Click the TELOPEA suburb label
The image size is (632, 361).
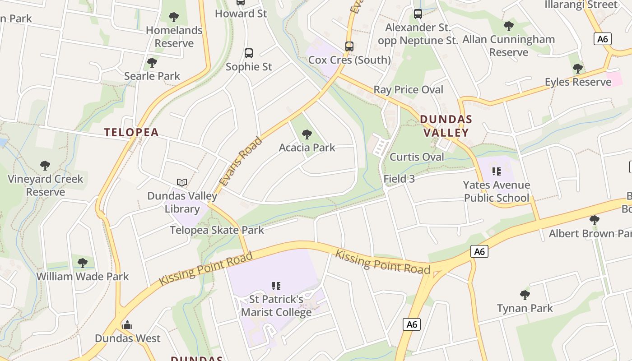pyautogui.click(x=131, y=132)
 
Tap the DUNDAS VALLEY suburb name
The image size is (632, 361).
pyautogui.click(x=446, y=126)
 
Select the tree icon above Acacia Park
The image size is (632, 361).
pyautogui.click(x=307, y=134)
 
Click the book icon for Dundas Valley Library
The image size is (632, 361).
pyautogui.click(x=182, y=183)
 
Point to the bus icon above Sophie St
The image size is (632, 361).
pyautogui.click(x=249, y=53)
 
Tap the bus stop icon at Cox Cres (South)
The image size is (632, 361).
pyautogui.click(x=349, y=46)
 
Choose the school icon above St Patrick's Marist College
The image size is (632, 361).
pyautogui.click(x=276, y=286)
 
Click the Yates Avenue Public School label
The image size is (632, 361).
pyautogui.click(x=497, y=191)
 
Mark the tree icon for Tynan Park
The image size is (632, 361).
pyautogui.click(x=525, y=295)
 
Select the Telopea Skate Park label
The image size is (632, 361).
pyautogui.click(x=217, y=230)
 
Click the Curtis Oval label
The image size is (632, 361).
pyautogui.click(x=417, y=157)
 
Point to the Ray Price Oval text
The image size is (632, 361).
pyautogui.click(x=408, y=89)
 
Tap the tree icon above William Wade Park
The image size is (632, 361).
pyautogui.click(x=83, y=263)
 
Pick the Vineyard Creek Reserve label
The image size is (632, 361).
pyautogui.click(x=46, y=185)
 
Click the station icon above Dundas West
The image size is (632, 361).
pyautogui.click(x=127, y=325)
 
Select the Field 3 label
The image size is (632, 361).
pyautogui.click(x=399, y=179)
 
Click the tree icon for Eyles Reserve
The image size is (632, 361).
pyautogui.click(x=578, y=69)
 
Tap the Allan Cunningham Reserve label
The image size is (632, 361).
pyautogui.click(x=509, y=46)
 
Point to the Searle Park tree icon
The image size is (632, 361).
pyautogui.click(x=152, y=62)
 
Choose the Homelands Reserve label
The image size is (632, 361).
pyautogui.click(x=174, y=37)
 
